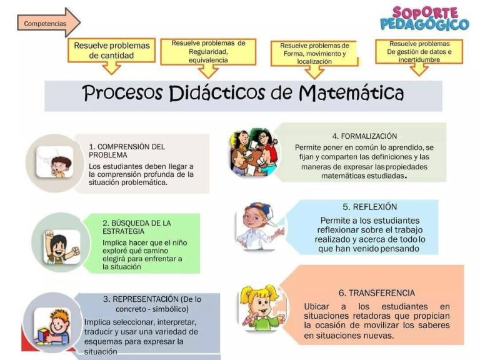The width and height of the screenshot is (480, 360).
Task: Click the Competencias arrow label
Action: tap(45, 24)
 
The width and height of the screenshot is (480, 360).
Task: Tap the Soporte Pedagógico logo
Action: tap(424, 19)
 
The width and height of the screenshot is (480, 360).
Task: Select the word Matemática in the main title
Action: tap(351, 92)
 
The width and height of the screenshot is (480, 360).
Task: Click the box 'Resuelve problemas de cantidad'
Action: tap(111, 50)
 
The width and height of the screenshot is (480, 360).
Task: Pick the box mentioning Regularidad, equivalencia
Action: tap(208, 52)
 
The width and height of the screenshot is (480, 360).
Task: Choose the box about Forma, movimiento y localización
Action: tap(314, 54)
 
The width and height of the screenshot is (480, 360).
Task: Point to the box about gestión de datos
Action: tap(419, 52)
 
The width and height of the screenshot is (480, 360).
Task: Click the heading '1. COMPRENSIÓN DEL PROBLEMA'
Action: tap(127, 151)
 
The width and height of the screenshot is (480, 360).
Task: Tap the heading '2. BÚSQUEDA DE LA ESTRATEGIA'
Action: tap(136, 227)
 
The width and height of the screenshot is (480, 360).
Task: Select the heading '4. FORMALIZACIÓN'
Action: tap(364, 136)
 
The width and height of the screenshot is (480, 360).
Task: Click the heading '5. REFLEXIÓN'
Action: tap(370, 207)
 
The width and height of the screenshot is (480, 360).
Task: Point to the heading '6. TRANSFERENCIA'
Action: tap(377, 293)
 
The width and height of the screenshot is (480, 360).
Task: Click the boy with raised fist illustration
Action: tap(61, 246)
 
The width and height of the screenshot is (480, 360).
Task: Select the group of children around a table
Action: tap(255, 152)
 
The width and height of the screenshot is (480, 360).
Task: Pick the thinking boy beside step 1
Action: tap(55, 162)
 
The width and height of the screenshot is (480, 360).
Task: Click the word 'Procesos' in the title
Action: tap(122, 92)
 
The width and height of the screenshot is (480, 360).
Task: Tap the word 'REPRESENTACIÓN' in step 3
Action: tap(146, 299)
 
